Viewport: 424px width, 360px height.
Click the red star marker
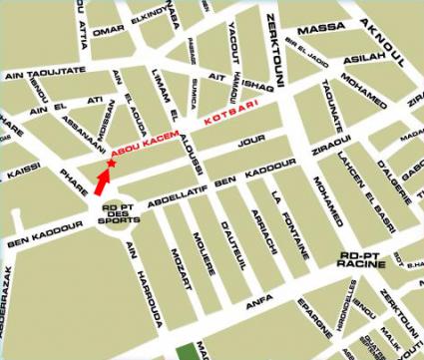pos(111,164)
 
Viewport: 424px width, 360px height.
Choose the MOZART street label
pos(179,266)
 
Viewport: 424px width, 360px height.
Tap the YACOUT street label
pos(232,34)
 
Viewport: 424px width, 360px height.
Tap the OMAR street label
pos(107,31)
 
